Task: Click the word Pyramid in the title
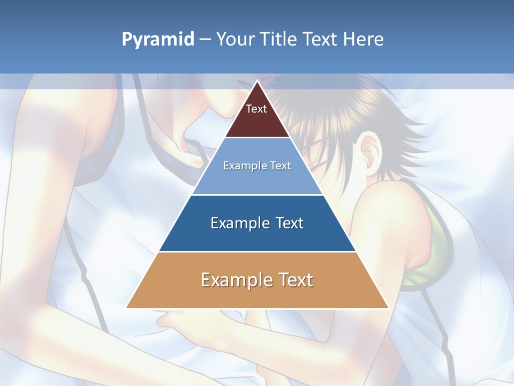point(158,40)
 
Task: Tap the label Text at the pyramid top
point(256,109)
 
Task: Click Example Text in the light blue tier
point(257,166)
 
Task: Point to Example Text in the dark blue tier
point(257,223)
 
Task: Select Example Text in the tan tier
point(257,280)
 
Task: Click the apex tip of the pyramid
point(257,81)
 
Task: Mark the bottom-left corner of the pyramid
point(127,308)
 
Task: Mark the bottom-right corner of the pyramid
point(388,308)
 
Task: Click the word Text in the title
point(321,40)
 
